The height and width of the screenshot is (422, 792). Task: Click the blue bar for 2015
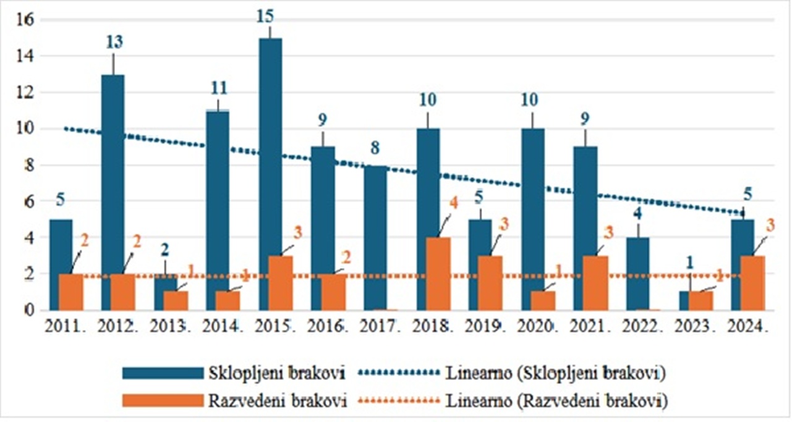click(x=270, y=173)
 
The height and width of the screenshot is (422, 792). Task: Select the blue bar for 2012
click(x=113, y=192)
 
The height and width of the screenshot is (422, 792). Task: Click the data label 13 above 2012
click(x=114, y=42)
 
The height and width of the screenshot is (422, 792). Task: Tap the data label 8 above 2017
click(x=375, y=148)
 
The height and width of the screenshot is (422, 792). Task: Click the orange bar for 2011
click(x=70, y=291)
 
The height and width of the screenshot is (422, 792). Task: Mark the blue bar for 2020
click(x=532, y=219)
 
